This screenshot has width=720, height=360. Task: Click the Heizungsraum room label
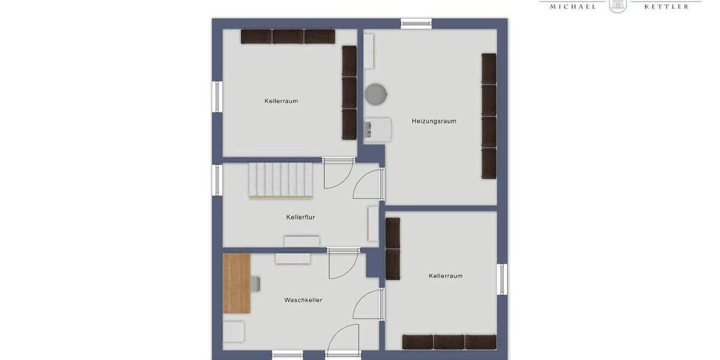pyautogui.click(x=434, y=121)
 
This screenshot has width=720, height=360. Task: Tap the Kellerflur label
pyautogui.click(x=301, y=217)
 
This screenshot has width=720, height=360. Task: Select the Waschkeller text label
pyautogui.click(x=303, y=300)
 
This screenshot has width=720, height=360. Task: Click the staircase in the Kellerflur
pyautogui.click(x=281, y=179)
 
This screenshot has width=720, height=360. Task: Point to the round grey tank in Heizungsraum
pyautogui.click(x=376, y=93)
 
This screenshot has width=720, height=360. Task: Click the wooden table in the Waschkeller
pyautogui.click(x=236, y=283)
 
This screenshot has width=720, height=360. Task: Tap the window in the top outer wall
pyautogui.click(x=416, y=23)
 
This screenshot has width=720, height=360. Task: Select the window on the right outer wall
pyautogui.click(x=502, y=279)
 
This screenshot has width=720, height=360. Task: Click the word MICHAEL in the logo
pyautogui.click(x=569, y=6)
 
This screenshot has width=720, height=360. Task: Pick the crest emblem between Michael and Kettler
pyautogui.click(x=617, y=5)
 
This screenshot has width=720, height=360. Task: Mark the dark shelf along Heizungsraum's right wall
pyautogui.click(x=489, y=116)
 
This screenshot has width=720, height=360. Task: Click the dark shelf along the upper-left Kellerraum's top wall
pyautogui.click(x=288, y=37)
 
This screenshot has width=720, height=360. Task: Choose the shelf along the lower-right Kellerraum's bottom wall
pyautogui.click(x=449, y=342)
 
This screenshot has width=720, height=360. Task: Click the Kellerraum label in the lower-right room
pyautogui.click(x=446, y=276)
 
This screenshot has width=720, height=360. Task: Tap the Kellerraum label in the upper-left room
pyautogui.click(x=281, y=101)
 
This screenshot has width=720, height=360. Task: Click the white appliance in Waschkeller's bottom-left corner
pyautogui.click(x=234, y=332)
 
